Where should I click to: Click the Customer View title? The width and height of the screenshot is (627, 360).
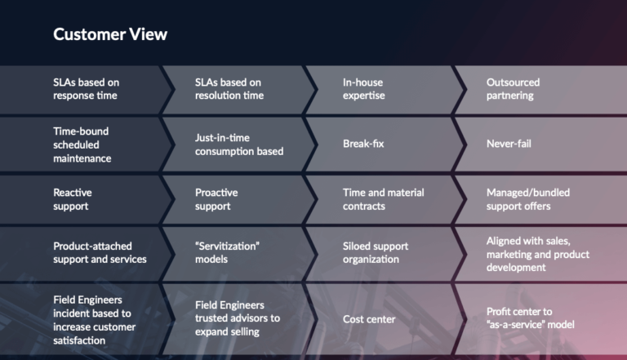coord(110,34)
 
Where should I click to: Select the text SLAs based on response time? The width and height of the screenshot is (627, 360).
coord(86,89)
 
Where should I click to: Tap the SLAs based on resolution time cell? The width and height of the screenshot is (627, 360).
coord(229,89)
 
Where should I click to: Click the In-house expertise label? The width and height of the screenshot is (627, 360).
coord(363,89)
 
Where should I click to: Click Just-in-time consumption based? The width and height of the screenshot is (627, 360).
coord(239,144)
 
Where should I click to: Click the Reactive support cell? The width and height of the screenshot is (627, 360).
coord(73,198)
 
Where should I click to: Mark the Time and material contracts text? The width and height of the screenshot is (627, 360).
coord(383,198)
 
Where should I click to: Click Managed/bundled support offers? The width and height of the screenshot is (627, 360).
coord(528,198)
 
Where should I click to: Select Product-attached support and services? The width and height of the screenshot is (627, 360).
coord(100,252)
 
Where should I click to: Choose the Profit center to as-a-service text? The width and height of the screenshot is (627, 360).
coord(530,318)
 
